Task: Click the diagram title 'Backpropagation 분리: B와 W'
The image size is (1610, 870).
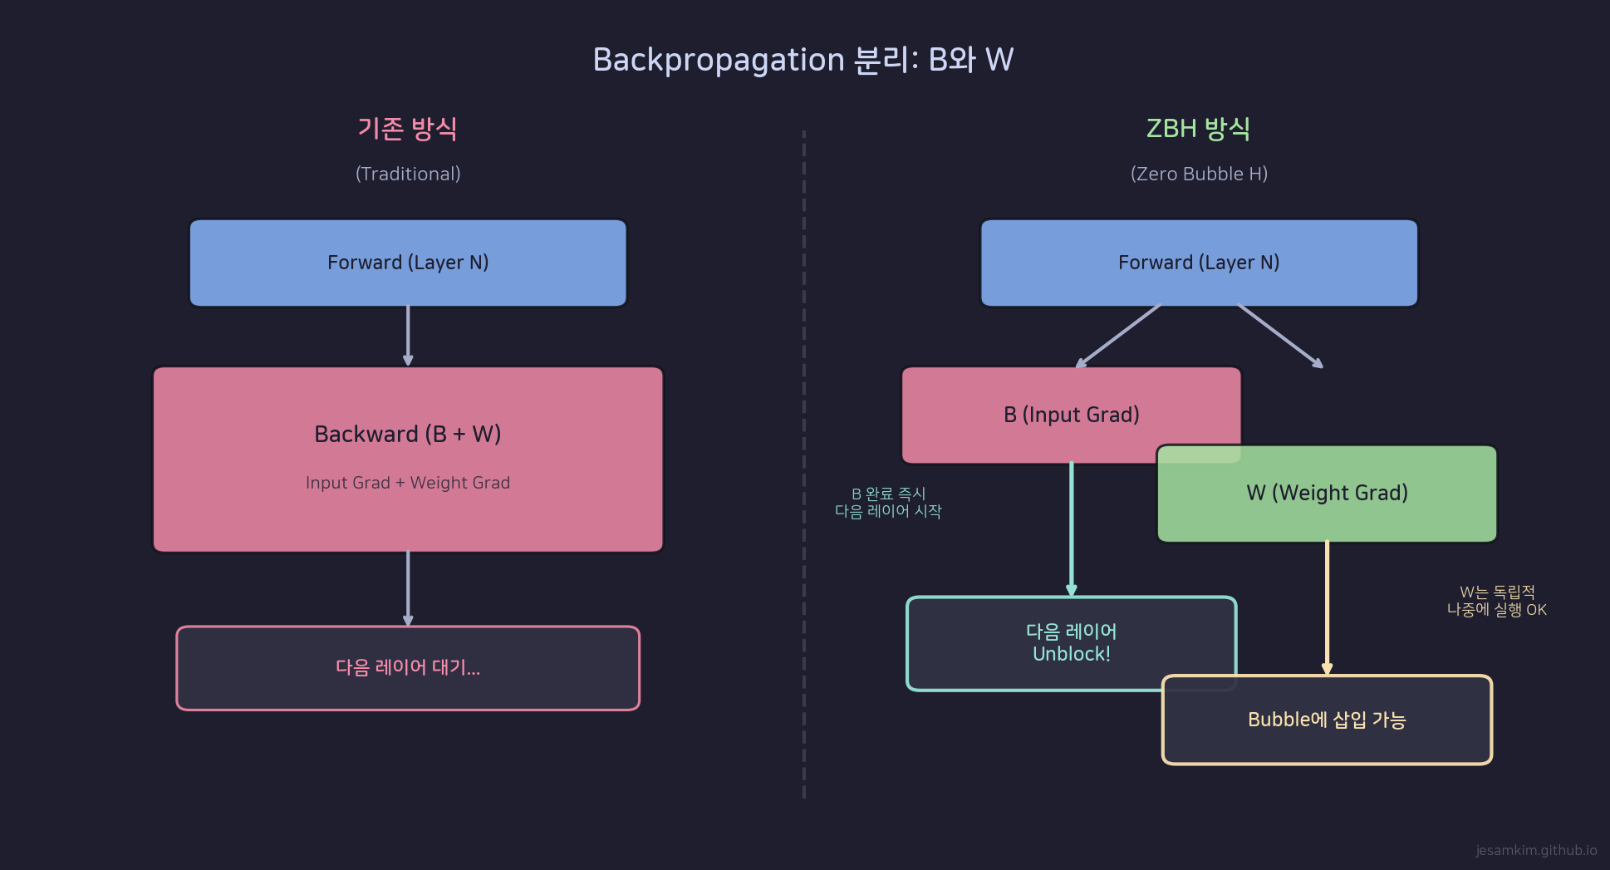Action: click(803, 60)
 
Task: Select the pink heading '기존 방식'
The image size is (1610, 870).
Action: click(407, 129)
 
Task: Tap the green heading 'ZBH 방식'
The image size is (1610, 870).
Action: click(1198, 129)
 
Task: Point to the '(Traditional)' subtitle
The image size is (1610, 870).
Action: click(407, 174)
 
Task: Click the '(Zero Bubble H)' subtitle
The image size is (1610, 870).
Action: click(1199, 174)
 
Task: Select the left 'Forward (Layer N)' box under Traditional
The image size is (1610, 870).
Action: click(407, 263)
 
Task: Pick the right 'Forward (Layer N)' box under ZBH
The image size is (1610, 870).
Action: click(1199, 263)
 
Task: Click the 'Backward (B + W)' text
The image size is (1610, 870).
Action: click(407, 434)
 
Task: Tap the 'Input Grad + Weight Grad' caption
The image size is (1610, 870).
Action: click(407, 483)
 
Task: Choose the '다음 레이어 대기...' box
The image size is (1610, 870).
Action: click(407, 668)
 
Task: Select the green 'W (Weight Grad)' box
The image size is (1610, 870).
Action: click(1327, 494)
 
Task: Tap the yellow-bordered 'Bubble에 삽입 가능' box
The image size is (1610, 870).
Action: click(1327, 720)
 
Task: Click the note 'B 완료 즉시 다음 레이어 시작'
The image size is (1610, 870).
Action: click(888, 503)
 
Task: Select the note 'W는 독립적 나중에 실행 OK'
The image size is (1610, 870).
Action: click(1496, 601)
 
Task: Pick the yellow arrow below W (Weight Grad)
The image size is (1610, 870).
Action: click(1327, 607)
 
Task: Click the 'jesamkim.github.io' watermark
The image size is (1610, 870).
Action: click(1535, 850)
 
